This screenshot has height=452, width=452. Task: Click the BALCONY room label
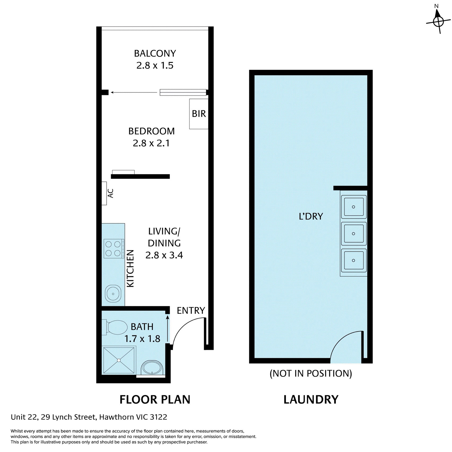tap(155, 54)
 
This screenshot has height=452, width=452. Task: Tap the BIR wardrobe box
tap(199, 114)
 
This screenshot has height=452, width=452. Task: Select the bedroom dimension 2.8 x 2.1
tap(151, 143)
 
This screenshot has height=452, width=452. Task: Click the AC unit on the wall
tap(105, 193)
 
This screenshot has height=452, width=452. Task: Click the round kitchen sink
tap(113, 294)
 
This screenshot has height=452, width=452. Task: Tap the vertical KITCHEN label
tap(130, 268)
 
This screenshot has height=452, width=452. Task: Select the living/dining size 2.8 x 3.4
tap(164, 255)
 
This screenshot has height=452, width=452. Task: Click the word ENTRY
tap(191, 310)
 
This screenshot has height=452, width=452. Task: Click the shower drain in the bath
tap(119, 360)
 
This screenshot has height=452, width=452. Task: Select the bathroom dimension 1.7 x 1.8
tap(142, 339)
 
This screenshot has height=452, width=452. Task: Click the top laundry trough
tap(354, 207)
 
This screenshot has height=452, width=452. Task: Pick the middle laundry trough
tap(354, 233)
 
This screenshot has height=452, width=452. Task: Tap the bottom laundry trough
tap(354, 260)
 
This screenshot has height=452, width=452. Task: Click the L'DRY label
tap(311, 216)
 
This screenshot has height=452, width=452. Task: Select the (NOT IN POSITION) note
tap(311, 373)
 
